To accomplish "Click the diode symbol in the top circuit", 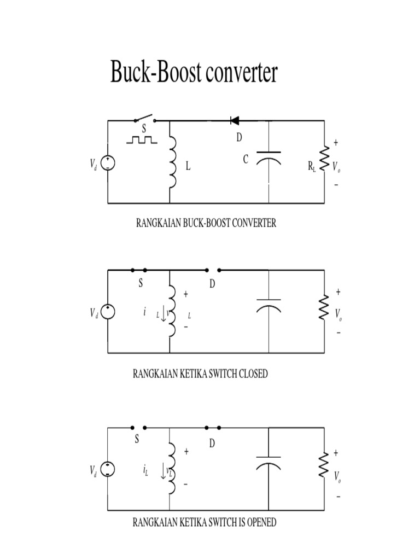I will pyautogui.click(x=236, y=120).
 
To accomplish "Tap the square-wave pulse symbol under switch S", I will pyautogui.click(x=142, y=140).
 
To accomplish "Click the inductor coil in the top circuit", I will pyautogui.click(x=173, y=162).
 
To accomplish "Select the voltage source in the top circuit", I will pyautogui.click(x=108, y=162).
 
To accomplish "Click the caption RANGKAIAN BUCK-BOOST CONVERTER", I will pyautogui.click(x=205, y=223).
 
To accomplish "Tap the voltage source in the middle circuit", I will pyautogui.click(x=108, y=312).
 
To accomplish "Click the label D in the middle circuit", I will pyautogui.click(x=213, y=284).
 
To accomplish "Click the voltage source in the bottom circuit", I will pyautogui.click(x=108, y=469).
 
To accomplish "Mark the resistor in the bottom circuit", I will pyautogui.click(x=324, y=464).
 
